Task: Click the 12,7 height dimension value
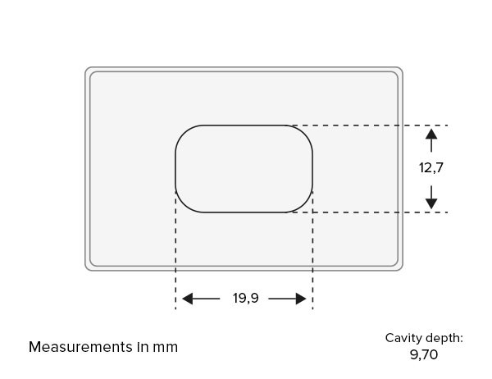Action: click(x=431, y=167)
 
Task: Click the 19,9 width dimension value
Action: click(x=246, y=298)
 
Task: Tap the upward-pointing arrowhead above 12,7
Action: click(x=431, y=134)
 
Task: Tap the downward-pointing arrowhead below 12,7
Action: click(x=431, y=203)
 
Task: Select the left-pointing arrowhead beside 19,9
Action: click(x=187, y=299)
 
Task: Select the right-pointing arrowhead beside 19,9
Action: click(x=301, y=299)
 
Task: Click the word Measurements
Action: click(x=80, y=347)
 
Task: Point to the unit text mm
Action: click(x=166, y=348)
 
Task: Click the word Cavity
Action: click(x=400, y=339)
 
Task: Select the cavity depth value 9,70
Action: click(x=424, y=355)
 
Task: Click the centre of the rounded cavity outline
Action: click(x=244, y=125)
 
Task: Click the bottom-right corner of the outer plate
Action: click(x=401, y=269)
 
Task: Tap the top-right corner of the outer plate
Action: click(x=401, y=68)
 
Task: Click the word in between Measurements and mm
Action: click(x=143, y=347)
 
